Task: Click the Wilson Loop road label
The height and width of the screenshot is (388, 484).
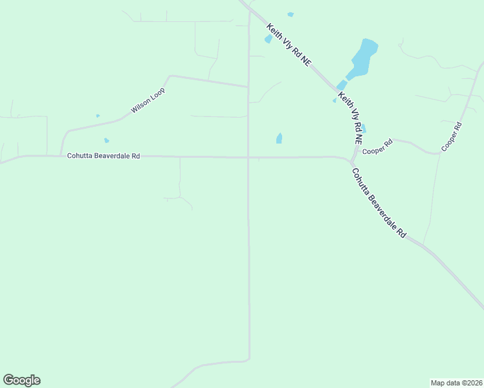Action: point(148,100)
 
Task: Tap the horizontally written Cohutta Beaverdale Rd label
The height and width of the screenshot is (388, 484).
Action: point(104,156)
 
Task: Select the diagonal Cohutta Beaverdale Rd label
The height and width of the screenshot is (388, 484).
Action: point(379,203)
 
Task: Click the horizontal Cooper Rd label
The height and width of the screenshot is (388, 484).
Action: point(377,147)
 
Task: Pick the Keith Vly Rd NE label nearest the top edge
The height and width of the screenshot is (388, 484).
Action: point(289,45)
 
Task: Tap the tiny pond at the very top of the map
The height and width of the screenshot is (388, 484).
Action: point(291,14)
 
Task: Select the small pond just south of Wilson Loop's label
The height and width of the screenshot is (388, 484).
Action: point(106,140)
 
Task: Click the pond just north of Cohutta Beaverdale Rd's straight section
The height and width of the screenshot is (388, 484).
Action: point(279,138)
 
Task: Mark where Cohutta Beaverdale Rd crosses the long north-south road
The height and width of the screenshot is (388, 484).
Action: point(248,157)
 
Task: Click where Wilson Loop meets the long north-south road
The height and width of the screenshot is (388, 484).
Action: point(248,86)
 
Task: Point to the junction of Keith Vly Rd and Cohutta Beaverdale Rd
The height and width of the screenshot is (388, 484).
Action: point(351,160)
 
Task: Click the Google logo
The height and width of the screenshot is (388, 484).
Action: point(21,380)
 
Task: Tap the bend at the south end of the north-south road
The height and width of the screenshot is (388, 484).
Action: point(248,358)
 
